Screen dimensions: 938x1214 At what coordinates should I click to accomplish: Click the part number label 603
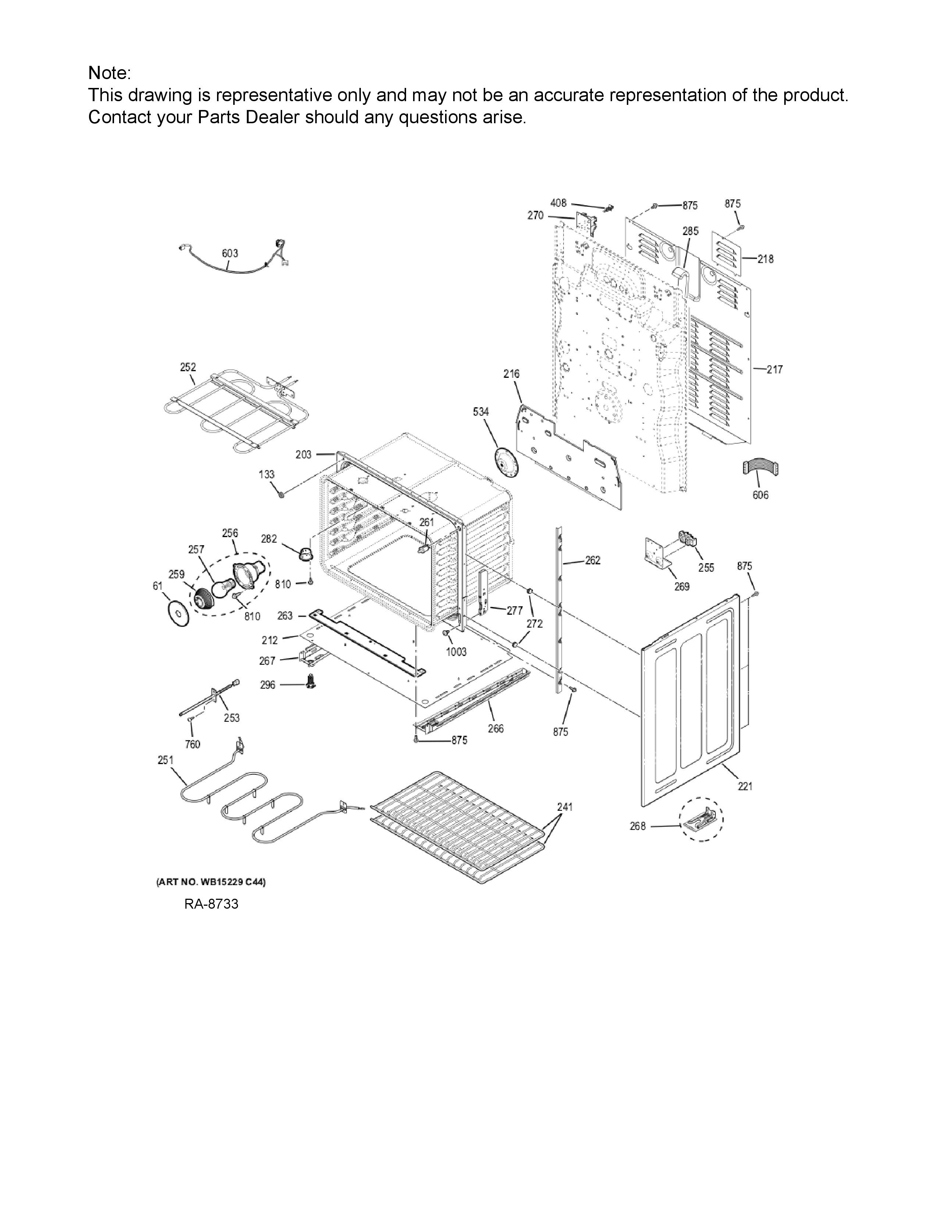click(x=230, y=253)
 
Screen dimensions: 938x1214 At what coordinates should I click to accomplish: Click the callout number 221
click(x=745, y=786)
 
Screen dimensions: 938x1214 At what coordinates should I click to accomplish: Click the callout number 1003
click(x=456, y=652)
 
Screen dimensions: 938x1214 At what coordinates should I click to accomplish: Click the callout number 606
click(x=760, y=495)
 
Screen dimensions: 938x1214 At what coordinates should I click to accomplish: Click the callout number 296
click(x=268, y=685)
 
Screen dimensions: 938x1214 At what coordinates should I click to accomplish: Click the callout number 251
click(x=166, y=760)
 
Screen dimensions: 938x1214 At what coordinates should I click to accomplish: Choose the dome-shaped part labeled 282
click(x=305, y=554)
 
